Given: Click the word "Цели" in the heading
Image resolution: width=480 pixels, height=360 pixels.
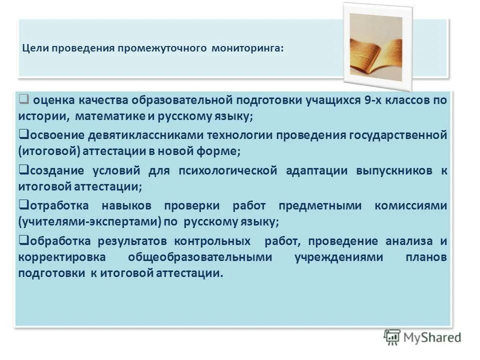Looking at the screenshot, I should pos(34,49).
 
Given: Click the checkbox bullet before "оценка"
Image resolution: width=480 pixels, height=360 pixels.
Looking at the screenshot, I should pos(23,98).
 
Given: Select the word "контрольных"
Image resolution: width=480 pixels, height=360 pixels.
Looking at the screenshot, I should pos(212,241).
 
